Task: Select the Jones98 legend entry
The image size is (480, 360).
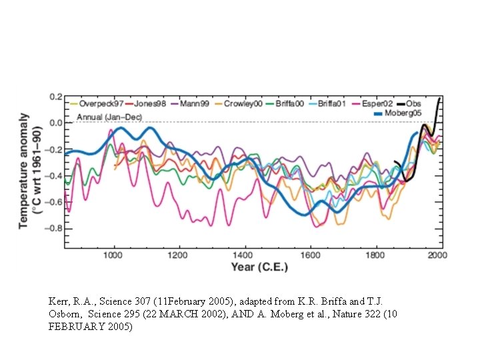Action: point(151,103)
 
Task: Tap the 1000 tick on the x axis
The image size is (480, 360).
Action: point(114,255)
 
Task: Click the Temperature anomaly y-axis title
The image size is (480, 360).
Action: point(24,170)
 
